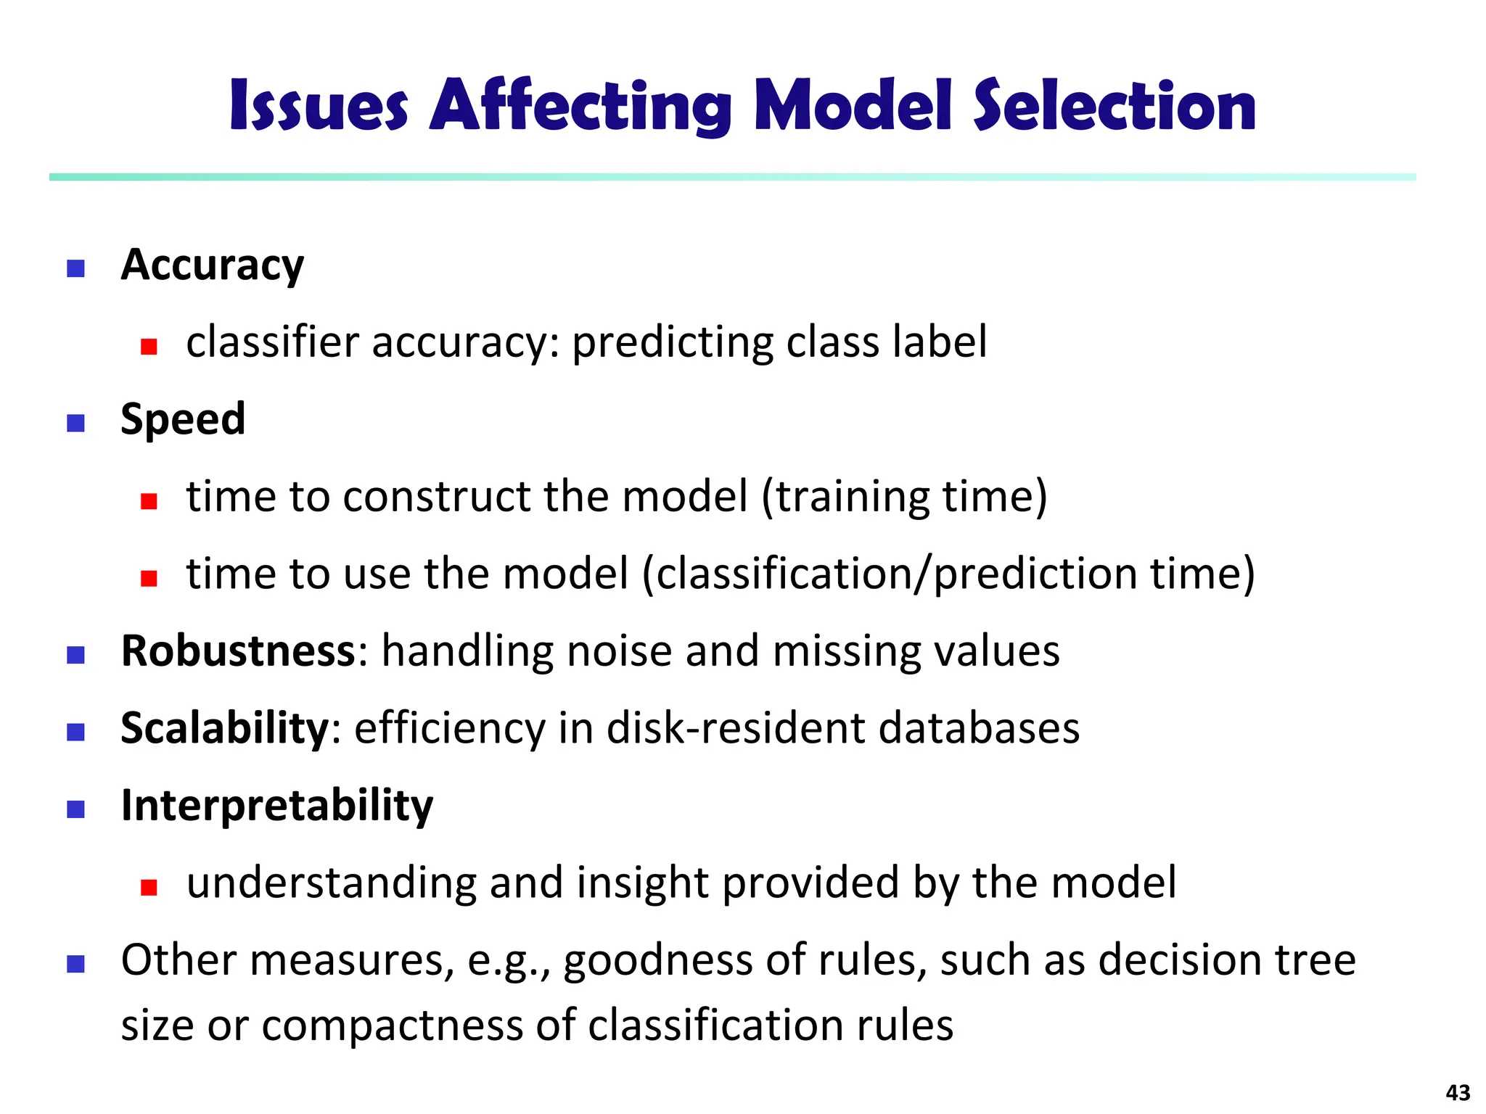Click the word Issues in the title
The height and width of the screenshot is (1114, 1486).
(x=319, y=107)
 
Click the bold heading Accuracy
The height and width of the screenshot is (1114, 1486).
(x=212, y=265)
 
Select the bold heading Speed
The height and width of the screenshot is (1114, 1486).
(x=183, y=419)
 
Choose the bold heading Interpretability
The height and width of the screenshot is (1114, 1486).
(x=276, y=806)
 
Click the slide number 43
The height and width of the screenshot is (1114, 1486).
(x=1458, y=1092)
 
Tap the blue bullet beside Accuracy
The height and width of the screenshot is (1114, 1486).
(x=75, y=269)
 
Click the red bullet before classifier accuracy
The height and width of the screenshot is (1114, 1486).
(x=149, y=347)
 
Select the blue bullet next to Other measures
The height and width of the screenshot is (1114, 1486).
(x=75, y=964)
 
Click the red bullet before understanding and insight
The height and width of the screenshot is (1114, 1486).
(x=149, y=887)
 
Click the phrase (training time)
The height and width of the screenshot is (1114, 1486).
(x=904, y=498)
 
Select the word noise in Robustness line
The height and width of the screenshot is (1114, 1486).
(x=619, y=651)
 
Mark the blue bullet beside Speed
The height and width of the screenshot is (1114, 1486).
(x=75, y=423)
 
